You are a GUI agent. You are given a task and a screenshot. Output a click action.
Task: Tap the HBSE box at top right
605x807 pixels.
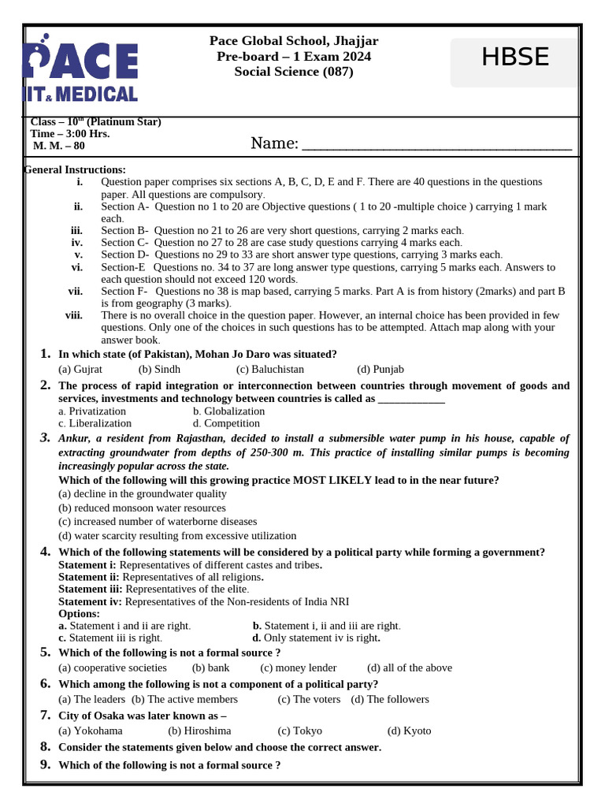pyautogui.click(x=515, y=58)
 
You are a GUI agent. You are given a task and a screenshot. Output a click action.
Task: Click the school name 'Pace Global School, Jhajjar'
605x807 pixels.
pyautogui.click(x=294, y=41)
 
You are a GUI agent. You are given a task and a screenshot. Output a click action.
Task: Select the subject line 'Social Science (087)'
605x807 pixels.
pyautogui.click(x=294, y=72)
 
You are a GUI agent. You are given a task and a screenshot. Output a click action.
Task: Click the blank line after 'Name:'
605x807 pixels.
pyautogui.click(x=436, y=143)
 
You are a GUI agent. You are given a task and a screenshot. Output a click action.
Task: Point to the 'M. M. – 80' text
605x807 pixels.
pyautogui.click(x=59, y=146)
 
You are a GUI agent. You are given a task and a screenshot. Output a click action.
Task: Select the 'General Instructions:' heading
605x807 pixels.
pyautogui.click(x=76, y=169)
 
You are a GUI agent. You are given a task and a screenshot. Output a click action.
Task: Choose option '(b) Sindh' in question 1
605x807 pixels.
pyautogui.click(x=159, y=369)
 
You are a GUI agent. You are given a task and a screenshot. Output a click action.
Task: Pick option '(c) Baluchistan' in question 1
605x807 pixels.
pyautogui.click(x=269, y=369)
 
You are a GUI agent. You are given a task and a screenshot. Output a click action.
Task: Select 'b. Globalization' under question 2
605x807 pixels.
pyautogui.click(x=228, y=411)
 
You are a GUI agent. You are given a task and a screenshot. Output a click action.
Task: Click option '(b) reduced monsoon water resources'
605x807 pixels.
pyautogui.click(x=142, y=508)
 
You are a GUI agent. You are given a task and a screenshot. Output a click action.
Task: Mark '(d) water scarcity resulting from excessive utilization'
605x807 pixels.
pyautogui.click(x=177, y=536)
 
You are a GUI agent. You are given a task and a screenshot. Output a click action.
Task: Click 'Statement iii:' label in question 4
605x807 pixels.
pyautogui.click(x=91, y=589)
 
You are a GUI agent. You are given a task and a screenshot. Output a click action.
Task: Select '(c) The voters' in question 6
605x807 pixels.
pyautogui.click(x=309, y=699)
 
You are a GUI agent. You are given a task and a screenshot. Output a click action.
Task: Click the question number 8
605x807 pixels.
pyautogui.click(x=46, y=746)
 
